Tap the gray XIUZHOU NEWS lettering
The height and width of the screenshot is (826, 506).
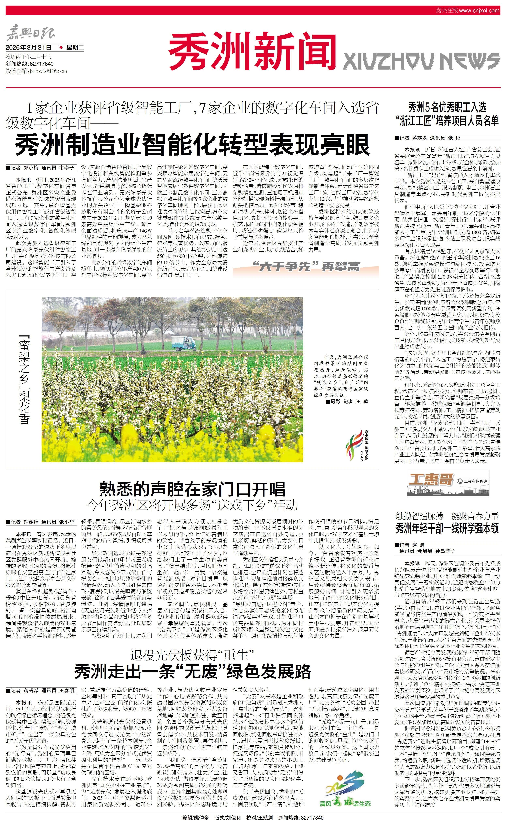click(x=421, y=62)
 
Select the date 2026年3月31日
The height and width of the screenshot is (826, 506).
click(x=29, y=48)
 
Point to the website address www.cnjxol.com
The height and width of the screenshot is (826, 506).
click(x=479, y=10)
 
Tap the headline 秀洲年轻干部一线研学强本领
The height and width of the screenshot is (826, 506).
click(x=447, y=529)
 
